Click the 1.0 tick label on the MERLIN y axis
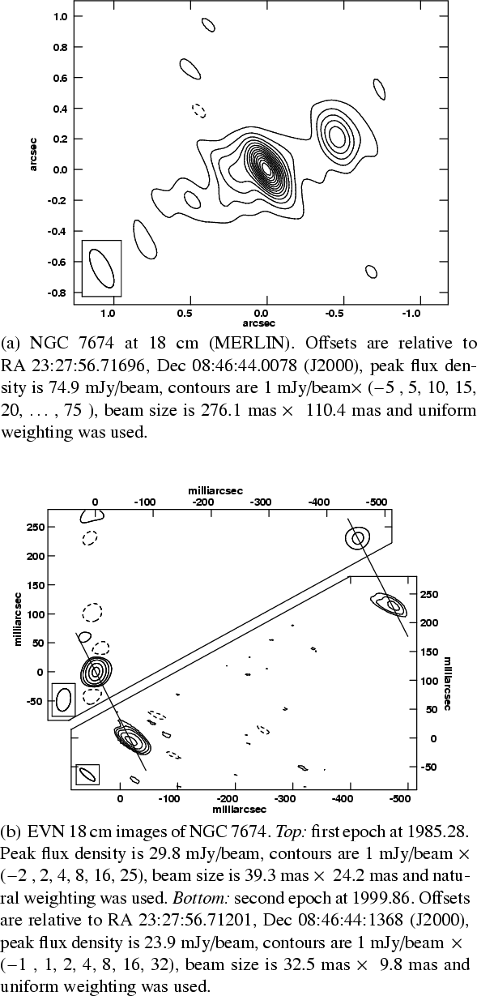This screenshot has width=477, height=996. tap(61, 16)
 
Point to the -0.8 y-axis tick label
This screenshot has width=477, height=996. tap(58, 293)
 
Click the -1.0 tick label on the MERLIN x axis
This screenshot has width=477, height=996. tap(411, 314)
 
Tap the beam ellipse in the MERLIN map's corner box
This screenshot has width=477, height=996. tap(102, 268)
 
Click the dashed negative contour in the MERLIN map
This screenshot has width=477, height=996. tap(199, 110)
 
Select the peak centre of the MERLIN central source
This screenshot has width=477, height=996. tap(266, 169)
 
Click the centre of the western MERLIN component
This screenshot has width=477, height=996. tap(337, 135)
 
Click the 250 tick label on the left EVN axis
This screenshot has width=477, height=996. tap(36, 528)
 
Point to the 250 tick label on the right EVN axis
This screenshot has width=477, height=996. tap(429, 595)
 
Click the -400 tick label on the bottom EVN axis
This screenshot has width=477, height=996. tap(343, 798)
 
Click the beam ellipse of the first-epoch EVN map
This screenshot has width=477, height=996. tap(63, 699)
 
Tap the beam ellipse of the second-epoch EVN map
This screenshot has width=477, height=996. tap(87, 775)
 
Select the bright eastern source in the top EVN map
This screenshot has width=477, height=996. tap(96, 672)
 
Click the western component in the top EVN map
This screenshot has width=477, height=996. tap(357, 538)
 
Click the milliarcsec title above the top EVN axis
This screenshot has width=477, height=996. tap(215, 491)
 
